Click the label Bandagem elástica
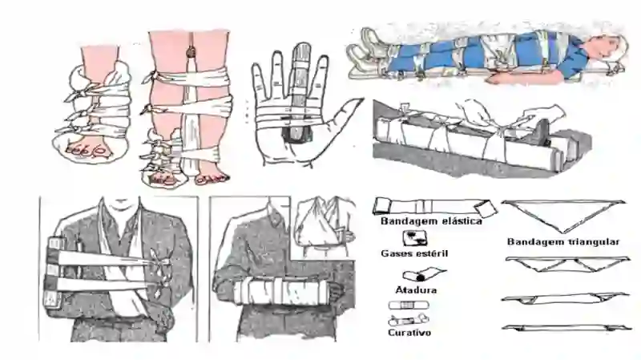431,221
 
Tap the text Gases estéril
414,253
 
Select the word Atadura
416,290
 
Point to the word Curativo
409,332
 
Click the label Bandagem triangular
563,242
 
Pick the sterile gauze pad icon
415,238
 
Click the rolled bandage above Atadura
423,274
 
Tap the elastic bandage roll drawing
434,207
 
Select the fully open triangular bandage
563,216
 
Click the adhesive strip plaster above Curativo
409,305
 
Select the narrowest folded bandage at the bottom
566,328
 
